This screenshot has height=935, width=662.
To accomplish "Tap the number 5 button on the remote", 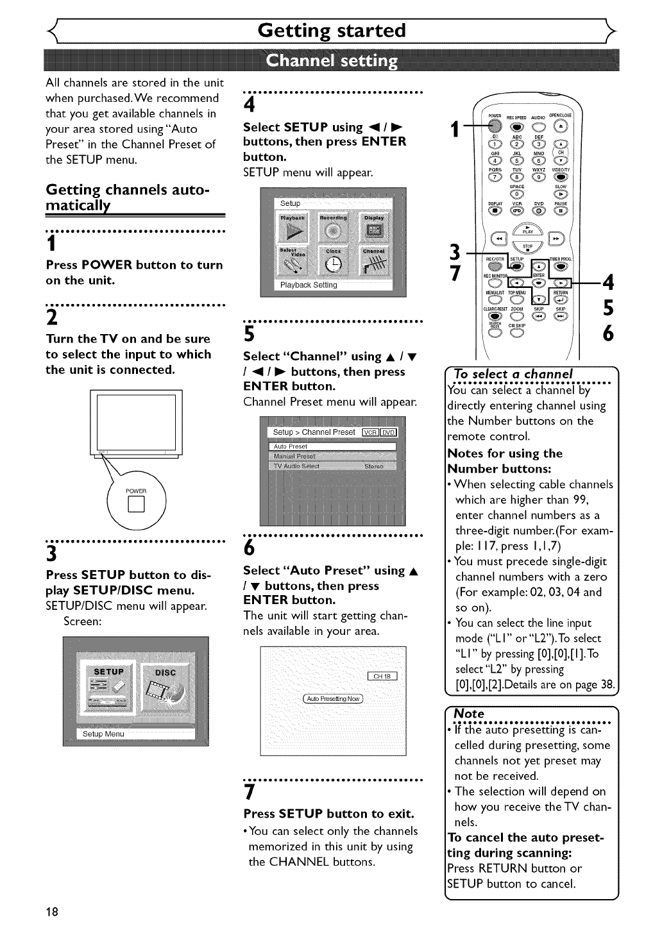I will point(517,160).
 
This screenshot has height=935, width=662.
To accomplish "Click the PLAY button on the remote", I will point(527,230).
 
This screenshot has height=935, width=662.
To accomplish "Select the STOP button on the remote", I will point(527,248).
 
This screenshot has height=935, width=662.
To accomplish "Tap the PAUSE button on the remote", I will point(561,210).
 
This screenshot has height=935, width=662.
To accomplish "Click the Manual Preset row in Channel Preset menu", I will point(332,456).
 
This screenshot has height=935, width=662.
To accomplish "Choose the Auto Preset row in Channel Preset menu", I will point(332,446).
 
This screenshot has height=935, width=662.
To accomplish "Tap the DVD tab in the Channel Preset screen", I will point(389,432).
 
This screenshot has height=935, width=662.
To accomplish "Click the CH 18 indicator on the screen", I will point(382,676).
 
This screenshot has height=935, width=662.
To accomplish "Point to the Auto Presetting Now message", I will point(332,698).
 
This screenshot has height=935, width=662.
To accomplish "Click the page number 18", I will point(52,912).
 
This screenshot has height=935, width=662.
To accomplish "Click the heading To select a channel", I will point(513,374).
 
